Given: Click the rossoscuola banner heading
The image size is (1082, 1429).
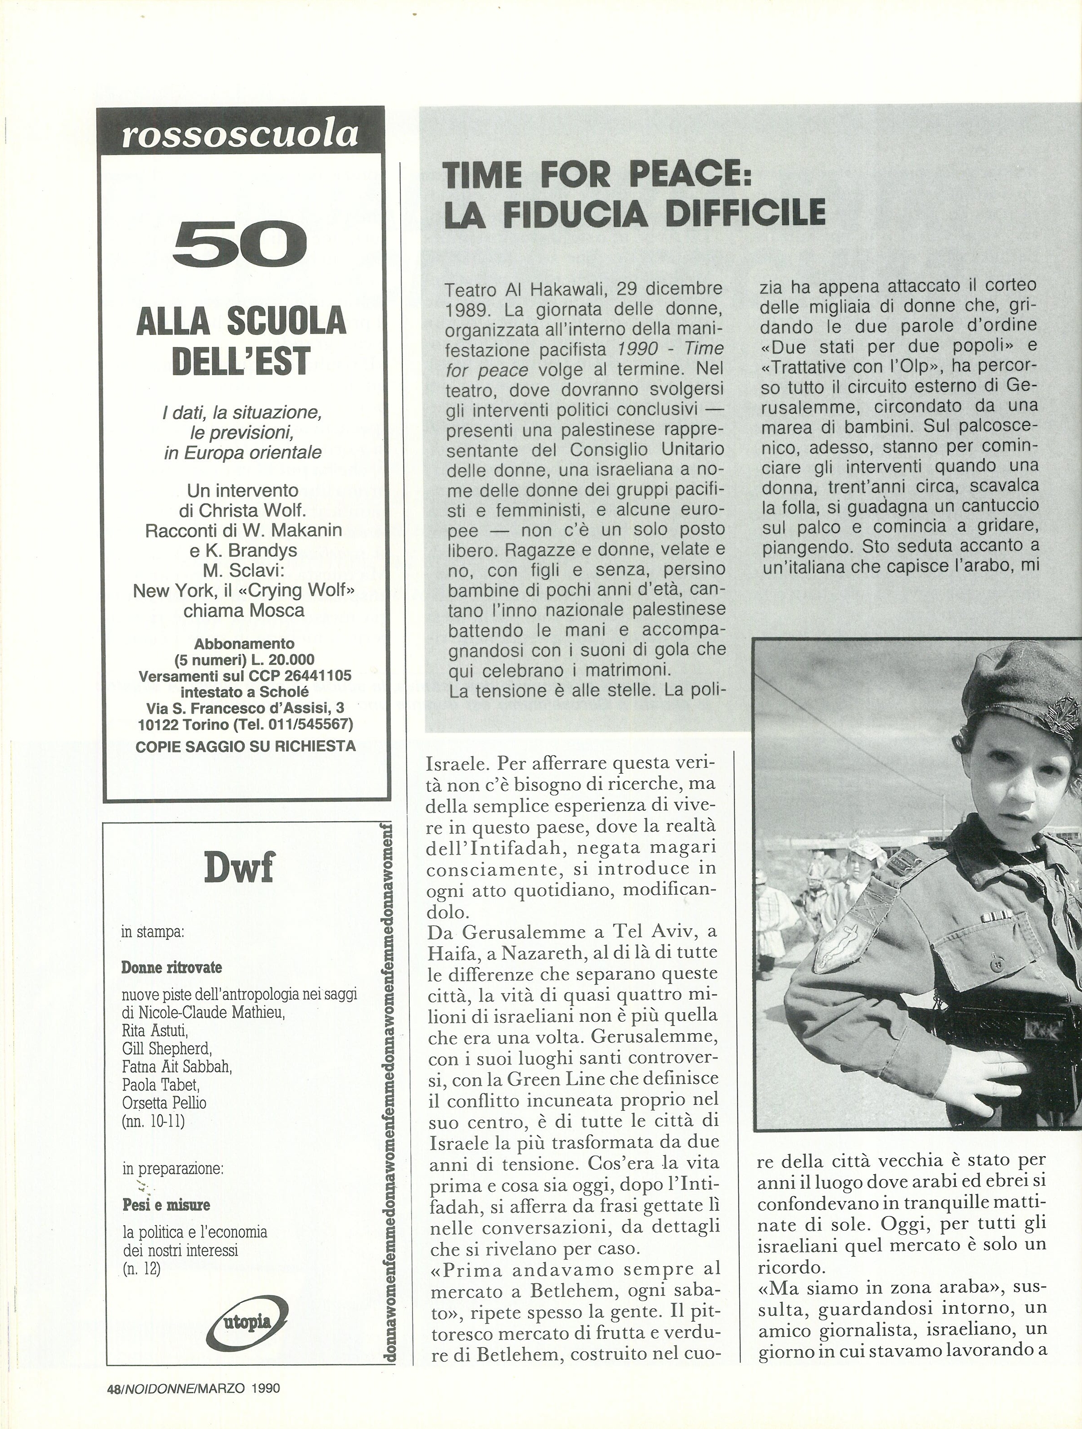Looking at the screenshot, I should (239, 134).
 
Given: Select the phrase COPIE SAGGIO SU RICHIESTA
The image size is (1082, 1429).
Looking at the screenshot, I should (245, 746).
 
